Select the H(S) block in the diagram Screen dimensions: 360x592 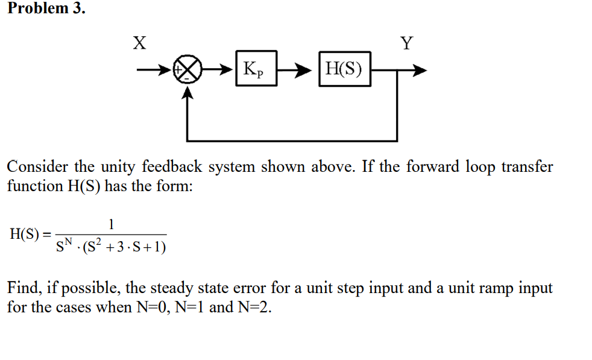coord(344,69)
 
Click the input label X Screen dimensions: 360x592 coord(139,43)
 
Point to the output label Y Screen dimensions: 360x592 coord(408,43)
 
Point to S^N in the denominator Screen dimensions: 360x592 coord(65,245)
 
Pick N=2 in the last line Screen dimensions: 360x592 coord(255,307)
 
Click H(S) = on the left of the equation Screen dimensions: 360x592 coord(30,235)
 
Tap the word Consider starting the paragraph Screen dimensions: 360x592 coord(37,167)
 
